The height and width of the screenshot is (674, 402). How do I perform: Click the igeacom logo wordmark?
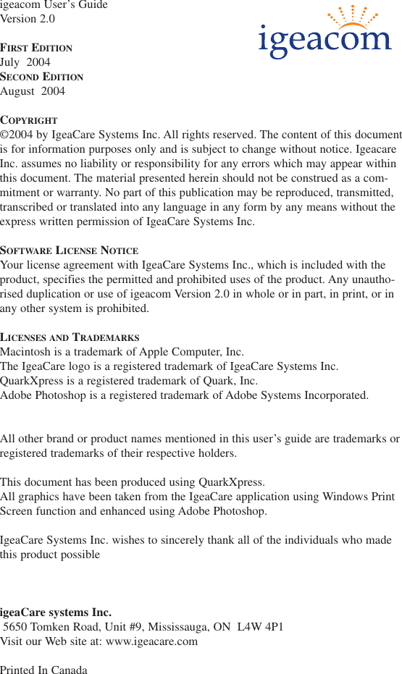[x=324, y=42]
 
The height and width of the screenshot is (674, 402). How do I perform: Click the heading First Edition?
[x=36, y=48]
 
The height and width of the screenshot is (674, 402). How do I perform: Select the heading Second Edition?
[x=41, y=77]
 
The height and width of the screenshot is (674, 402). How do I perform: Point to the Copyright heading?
[x=29, y=120]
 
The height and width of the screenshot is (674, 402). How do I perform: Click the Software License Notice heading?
[x=69, y=250]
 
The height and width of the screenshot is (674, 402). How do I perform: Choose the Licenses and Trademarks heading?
[x=70, y=337]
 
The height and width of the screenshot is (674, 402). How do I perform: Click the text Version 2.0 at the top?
[x=28, y=19]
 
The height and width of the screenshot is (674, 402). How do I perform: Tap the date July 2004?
[x=25, y=62]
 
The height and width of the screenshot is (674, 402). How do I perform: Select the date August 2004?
[x=33, y=91]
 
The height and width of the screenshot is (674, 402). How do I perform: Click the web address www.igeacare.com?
[x=151, y=641]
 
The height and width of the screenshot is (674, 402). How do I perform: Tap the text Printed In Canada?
[x=43, y=670]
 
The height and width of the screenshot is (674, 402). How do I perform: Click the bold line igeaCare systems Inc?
[x=56, y=612]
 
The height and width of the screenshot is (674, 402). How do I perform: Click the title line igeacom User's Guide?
[x=54, y=5]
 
